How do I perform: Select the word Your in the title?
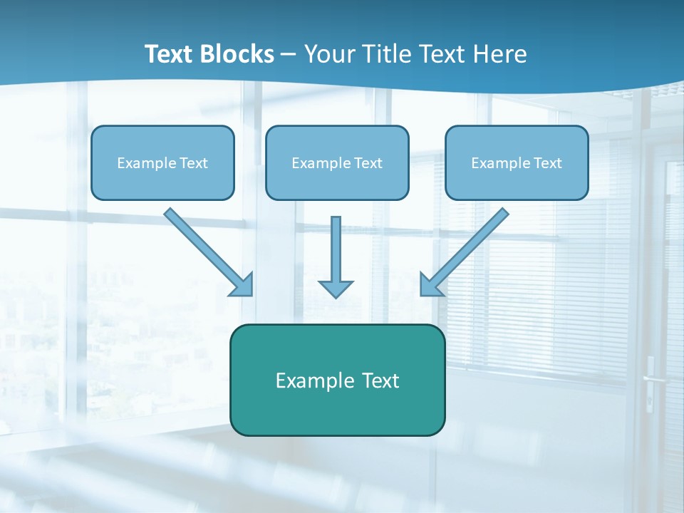332,54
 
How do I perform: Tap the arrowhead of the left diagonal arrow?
243,285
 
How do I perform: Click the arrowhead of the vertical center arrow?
336,288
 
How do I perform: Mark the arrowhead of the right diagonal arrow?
430,285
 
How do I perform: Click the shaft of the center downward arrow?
336,246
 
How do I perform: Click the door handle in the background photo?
651,378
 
